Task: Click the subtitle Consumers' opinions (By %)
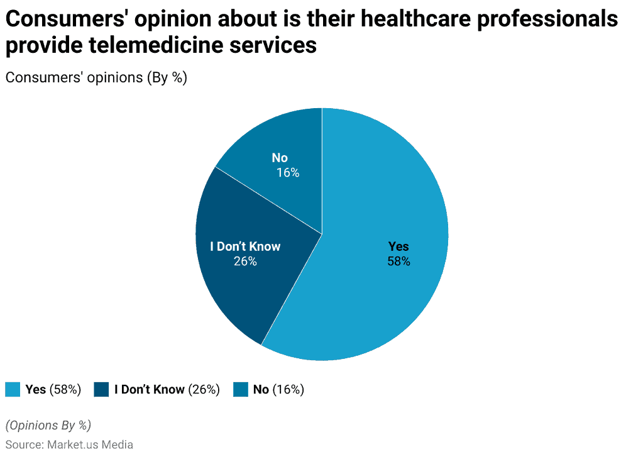[x=96, y=78]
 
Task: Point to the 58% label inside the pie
[x=398, y=261]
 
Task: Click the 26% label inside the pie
[x=245, y=261]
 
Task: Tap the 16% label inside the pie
[x=288, y=172]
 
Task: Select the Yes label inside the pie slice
[x=398, y=246]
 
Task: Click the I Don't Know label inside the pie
[x=245, y=246]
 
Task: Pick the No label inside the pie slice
[x=280, y=158]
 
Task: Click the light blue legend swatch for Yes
[x=13, y=389]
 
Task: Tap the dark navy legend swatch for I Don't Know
[x=101, y=389]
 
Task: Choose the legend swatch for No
[x=240, y=389]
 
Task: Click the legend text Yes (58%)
[x=53, y=389]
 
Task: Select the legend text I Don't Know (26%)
[x=167, y=389]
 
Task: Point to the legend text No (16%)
[x=278, y=389]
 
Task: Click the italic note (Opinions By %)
[x=48, y=425]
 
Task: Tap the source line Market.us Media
[x=69, y=444]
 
